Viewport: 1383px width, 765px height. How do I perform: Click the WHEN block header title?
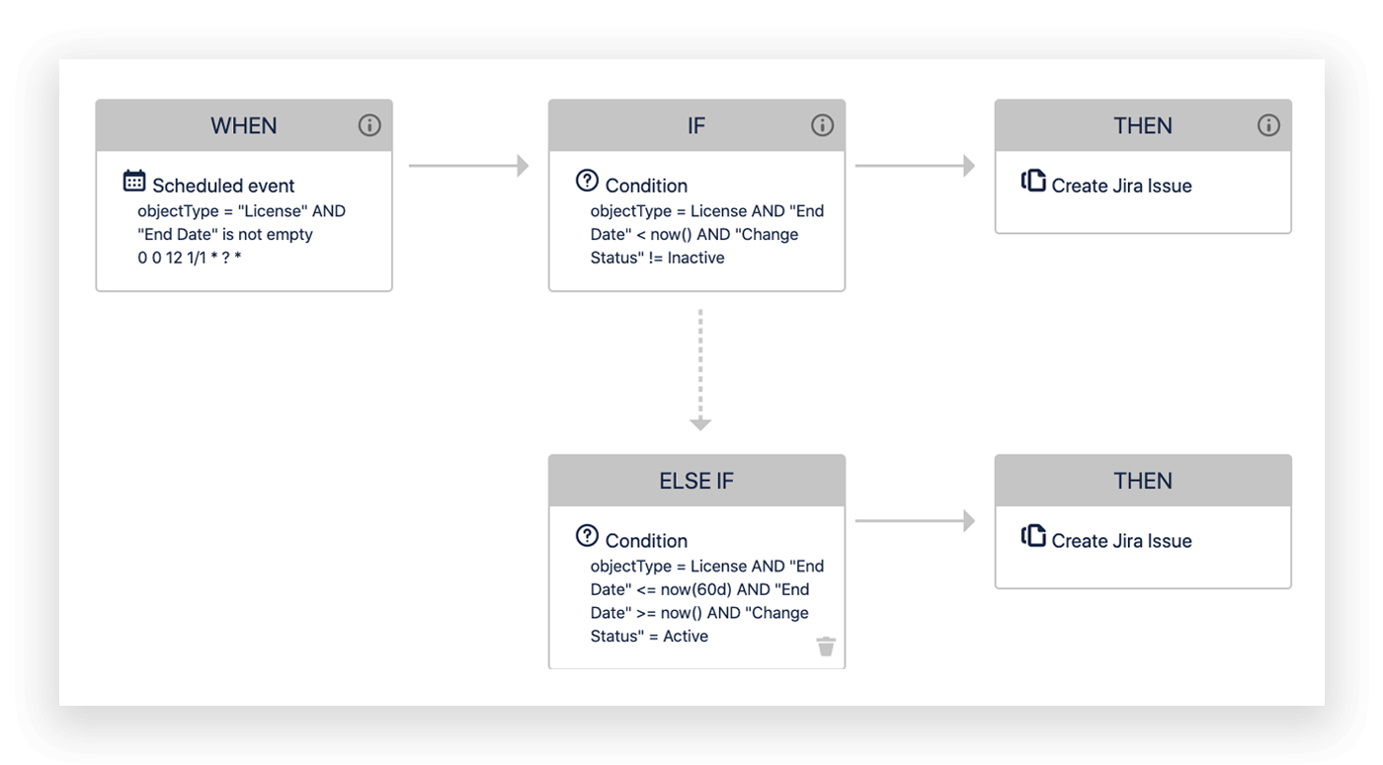(243, 126)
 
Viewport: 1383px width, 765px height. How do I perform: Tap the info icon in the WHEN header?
(369, 125)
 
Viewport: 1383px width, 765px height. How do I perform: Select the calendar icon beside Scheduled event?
(134, 181)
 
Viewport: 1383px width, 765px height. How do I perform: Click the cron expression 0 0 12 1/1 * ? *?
(190, 259)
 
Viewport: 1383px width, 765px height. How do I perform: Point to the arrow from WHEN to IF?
(469, 166)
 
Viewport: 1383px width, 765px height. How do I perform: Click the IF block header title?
(696, 126)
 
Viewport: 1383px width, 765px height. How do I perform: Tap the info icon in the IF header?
(822, 125)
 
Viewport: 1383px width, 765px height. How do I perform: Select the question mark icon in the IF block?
(587, 181)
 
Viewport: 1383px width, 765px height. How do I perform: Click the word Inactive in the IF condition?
(695, 258)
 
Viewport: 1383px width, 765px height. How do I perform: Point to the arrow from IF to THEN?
(915, 166)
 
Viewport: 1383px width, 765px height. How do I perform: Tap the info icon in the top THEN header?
(1268, 125)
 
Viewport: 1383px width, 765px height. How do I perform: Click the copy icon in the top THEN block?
(1033, 181)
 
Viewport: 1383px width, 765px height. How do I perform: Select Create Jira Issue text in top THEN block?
(1121, 186)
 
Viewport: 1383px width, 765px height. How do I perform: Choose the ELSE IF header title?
(696, 481)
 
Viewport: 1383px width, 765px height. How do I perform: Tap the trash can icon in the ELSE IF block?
(826, 647)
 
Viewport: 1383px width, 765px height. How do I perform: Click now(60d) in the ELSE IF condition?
(691, 589)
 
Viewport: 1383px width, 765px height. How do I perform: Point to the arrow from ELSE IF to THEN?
(915, 521)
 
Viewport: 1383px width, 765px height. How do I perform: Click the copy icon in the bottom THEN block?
(1033, 536)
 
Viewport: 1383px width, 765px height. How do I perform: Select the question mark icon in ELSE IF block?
(587, 536)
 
